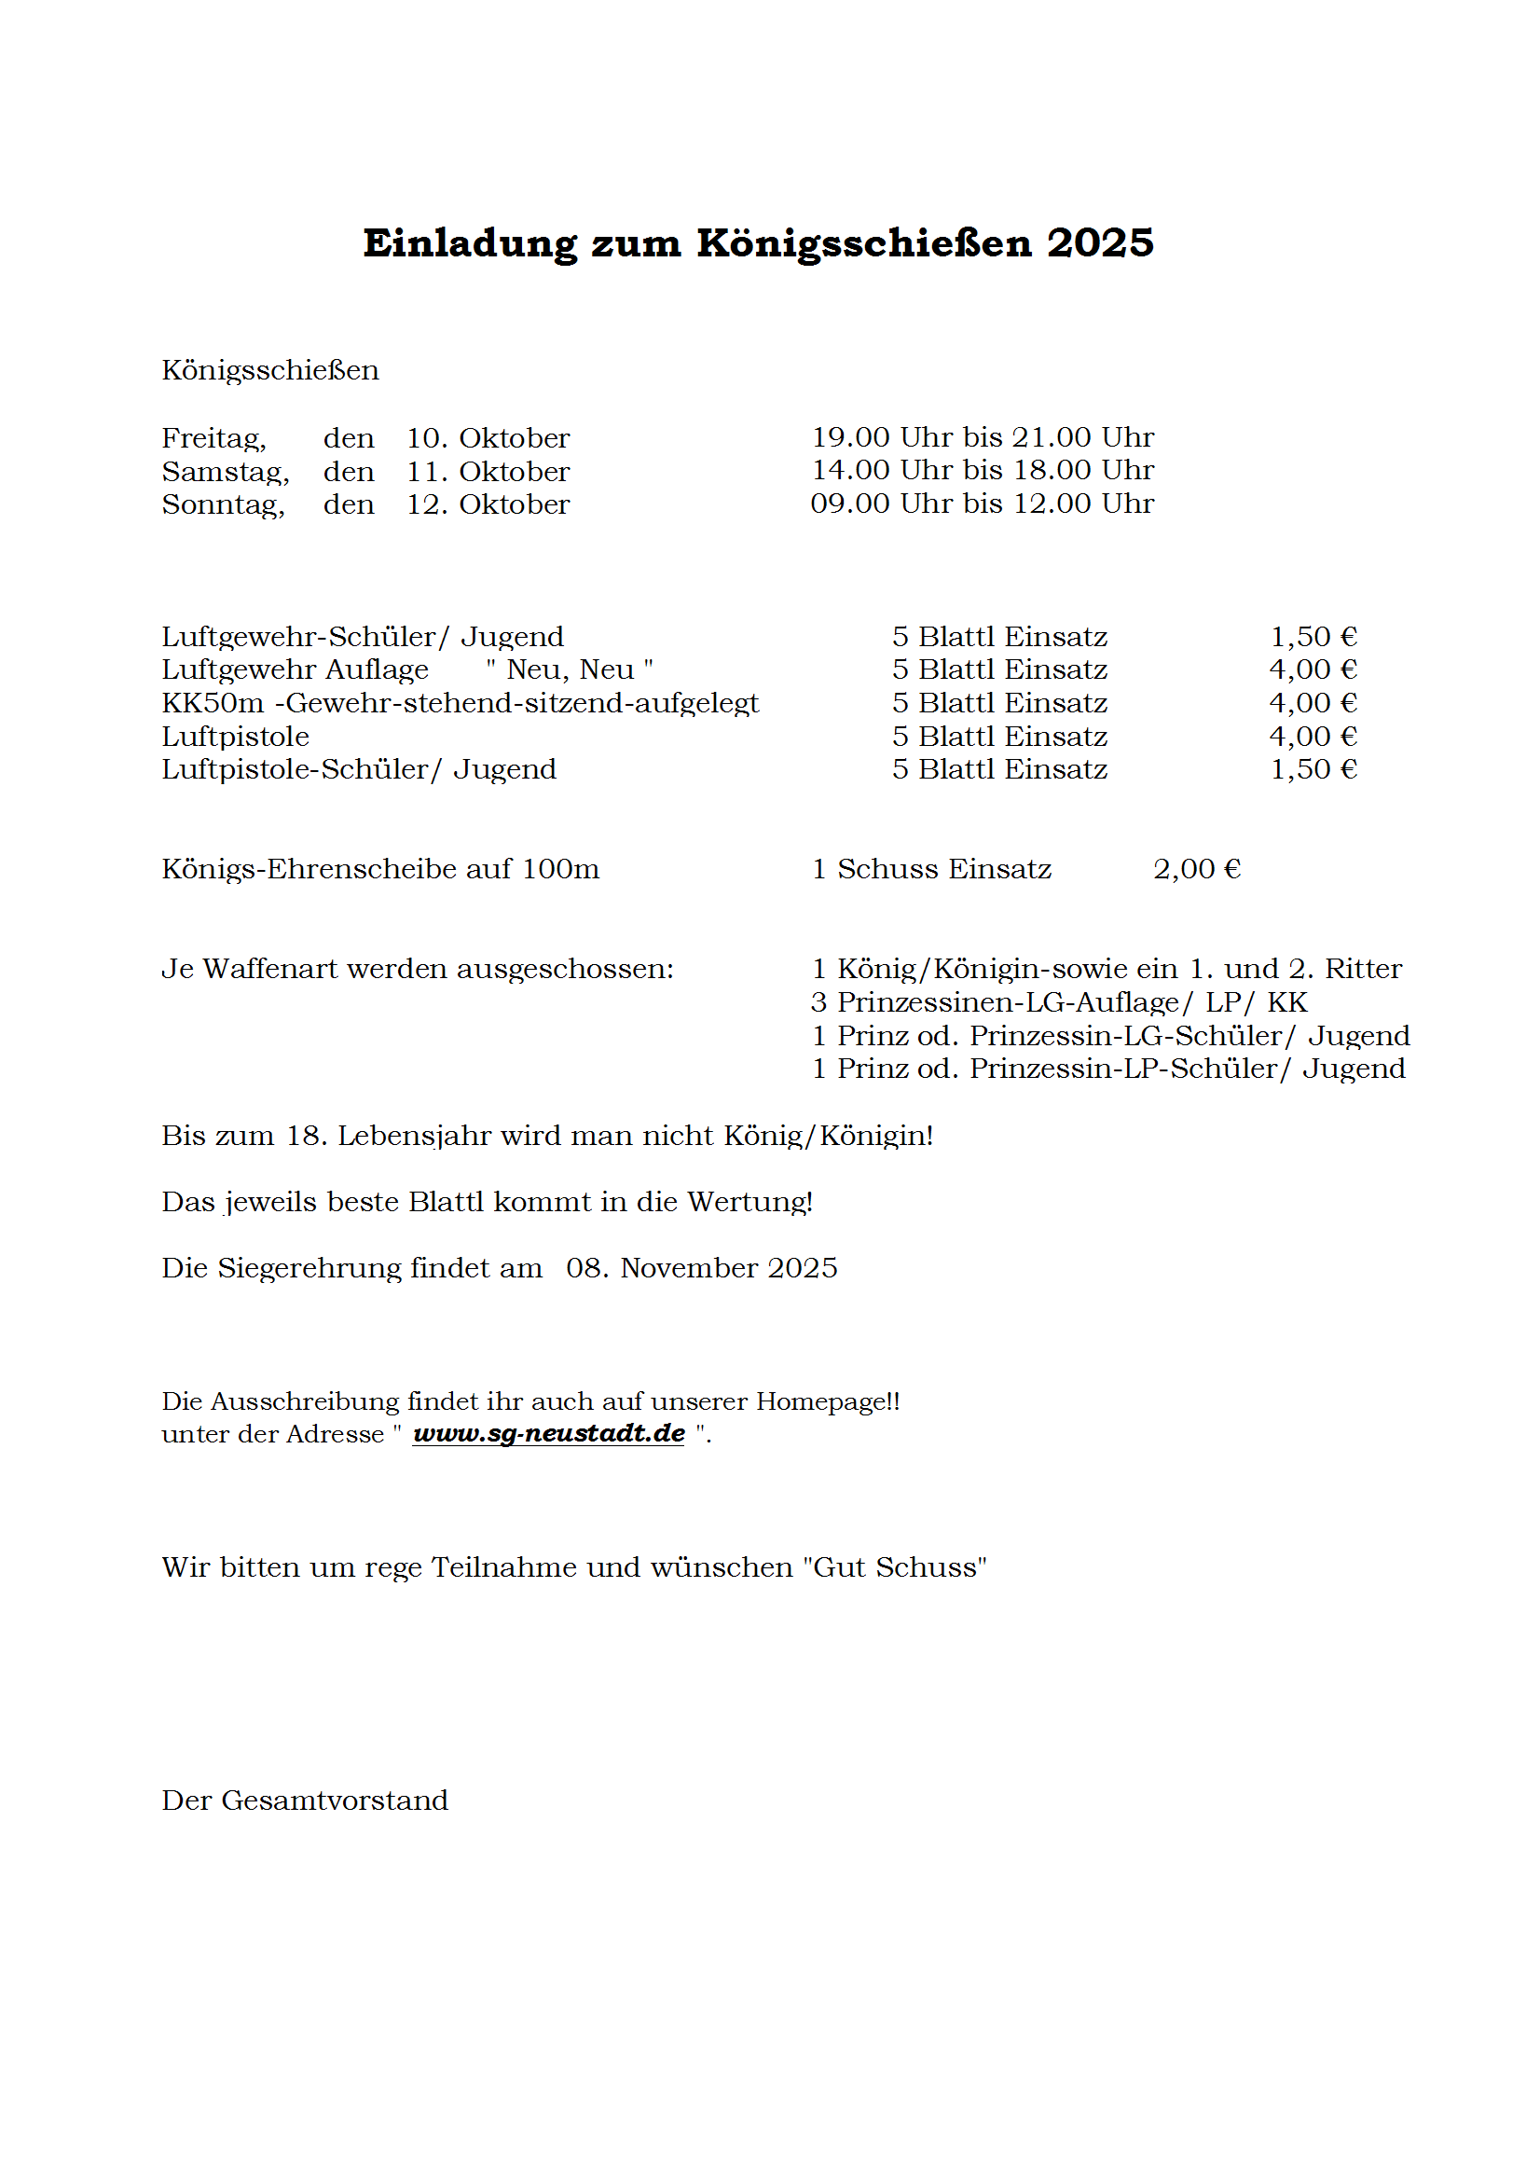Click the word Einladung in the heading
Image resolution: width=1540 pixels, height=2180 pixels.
pyautogui.click(x=470, y=243)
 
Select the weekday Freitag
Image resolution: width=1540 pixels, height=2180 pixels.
pyautogui.click(x=213, y=438)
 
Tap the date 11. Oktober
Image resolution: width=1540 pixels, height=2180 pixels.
pyautogui.click(x=488, y=472)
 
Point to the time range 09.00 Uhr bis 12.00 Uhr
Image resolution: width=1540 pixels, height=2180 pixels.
pyautogui.click(x=982, y=504)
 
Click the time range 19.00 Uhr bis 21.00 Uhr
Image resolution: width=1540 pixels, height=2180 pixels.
pyautogui.click(x=982, y=437)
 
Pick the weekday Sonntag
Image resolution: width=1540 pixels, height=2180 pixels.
pyautogui.click(x=223, y=504)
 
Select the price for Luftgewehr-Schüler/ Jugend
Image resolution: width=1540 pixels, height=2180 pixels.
pyautogui.click(x=1313, y=637)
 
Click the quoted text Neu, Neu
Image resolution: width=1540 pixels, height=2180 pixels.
pyautogui.click(x=570, y=670)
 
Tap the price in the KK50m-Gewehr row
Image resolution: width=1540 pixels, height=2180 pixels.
pyautogui.click(x=1313, y=704)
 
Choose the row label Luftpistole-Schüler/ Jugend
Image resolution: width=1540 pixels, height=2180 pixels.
pyautogui.click(x=359, y=769)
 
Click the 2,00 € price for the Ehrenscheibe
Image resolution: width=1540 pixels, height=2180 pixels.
pyautogui.click(x=1196, y=869)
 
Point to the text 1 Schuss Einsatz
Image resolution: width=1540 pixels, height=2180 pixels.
pyautogui.click(x=931, y=869)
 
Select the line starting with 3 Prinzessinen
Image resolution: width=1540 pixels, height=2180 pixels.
pyautogui.click(x=1059, y=1002)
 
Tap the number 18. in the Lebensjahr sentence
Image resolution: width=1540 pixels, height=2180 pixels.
pyautogui.click(x=307, y=1136)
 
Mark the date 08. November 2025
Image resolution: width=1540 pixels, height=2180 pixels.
pyautogui.click(x=702, y=1268)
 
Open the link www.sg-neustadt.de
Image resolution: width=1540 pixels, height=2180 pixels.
pyautogui.click(x=549, y=1434)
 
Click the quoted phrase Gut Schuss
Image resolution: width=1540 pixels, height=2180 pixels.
pyautogui.click(x=894, y=1567)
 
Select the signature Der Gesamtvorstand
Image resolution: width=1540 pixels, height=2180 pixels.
pyautogui.click(x=305, y=1801)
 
